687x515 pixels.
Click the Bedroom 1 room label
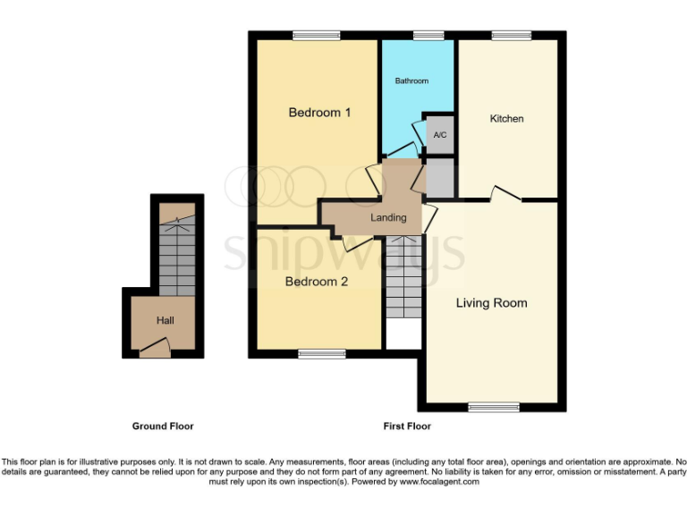tap(318, 113)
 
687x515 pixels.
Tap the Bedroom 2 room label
tap(317, 282)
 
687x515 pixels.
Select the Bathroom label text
tap(411, 80)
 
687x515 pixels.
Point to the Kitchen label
tap(506, 119)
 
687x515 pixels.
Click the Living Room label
tap(491, 303)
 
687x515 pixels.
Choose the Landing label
tap(388, 217)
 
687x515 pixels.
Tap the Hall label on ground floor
tap(165, 320)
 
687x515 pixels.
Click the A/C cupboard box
tap(439, 134)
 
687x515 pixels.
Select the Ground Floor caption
tap(163, 426)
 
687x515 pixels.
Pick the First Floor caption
tap(407, 426)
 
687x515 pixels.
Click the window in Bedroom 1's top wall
tap(316, 35)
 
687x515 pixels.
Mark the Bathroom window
tap(428, 35)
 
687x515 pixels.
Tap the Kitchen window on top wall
tap(511, 35)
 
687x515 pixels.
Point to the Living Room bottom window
tap(493, 407)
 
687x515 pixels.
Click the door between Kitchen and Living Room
tap(505, 194)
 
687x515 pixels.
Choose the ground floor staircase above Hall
tap(176, 255)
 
